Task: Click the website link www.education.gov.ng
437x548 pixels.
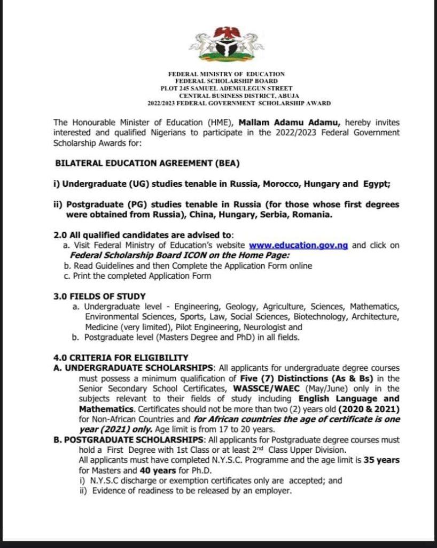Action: [299, 245]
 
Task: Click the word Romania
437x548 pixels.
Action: [314, 215]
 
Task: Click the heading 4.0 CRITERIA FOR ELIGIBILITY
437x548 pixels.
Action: [121, 357]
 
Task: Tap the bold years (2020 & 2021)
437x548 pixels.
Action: [369, 409]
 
